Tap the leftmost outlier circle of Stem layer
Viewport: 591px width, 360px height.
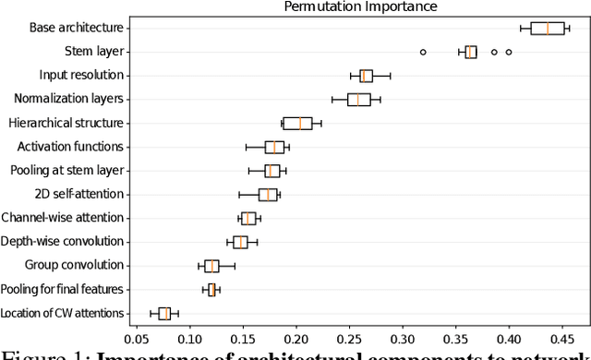(x=423, y=52)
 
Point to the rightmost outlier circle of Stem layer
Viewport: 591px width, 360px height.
(x=509, y=52)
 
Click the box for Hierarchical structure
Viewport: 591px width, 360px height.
(x=297, y=123)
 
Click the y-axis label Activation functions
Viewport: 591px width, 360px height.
(x=71, y=147)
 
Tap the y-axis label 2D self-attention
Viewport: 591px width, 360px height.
(x=78, y=195)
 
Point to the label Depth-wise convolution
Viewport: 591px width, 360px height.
(x=64, y=242)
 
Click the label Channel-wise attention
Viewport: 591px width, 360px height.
(x=63, y=219)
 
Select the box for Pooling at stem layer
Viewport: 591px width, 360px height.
(x=271, y=171)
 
